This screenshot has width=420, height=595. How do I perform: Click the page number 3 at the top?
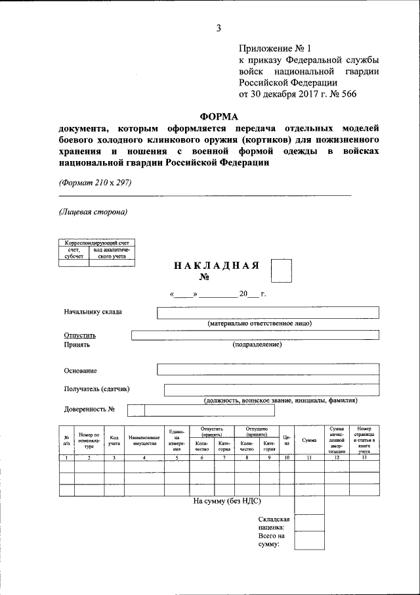[219, 28]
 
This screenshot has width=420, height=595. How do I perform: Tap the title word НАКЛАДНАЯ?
[217, 266]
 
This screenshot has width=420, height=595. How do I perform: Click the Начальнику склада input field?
[268, 312]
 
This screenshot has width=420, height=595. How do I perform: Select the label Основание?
[80, 370]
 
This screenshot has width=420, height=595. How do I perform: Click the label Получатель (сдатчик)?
[96, 389]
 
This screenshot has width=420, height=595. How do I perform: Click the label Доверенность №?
[90, 410]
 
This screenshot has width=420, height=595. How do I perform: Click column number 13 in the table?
[364, 457]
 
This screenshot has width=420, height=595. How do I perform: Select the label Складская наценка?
[274, 523]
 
